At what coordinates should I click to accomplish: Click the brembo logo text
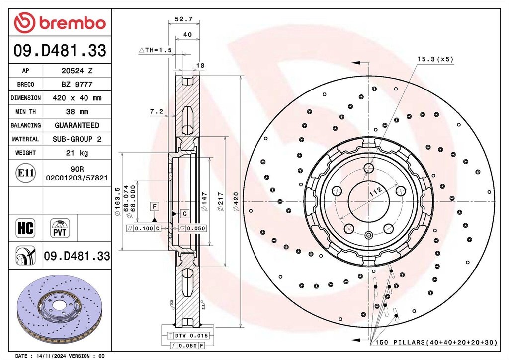click(72, 23)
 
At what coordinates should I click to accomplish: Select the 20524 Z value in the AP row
click(77, 71)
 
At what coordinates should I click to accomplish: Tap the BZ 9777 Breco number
click(77, 85)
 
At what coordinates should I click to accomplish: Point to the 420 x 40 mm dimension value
click(77, 98)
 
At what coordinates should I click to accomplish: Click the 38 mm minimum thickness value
click(77, 112)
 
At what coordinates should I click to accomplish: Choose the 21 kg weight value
click(77, 153)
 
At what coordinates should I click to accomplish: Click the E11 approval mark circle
click(25, 173)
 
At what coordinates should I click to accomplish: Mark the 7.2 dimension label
click(156, 112)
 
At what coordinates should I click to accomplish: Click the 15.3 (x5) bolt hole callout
click(435, 59)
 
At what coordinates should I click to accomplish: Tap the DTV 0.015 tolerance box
click(185, 336)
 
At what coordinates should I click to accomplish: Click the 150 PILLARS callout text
click(436, 343)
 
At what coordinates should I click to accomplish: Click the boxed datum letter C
click(184, 214)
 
